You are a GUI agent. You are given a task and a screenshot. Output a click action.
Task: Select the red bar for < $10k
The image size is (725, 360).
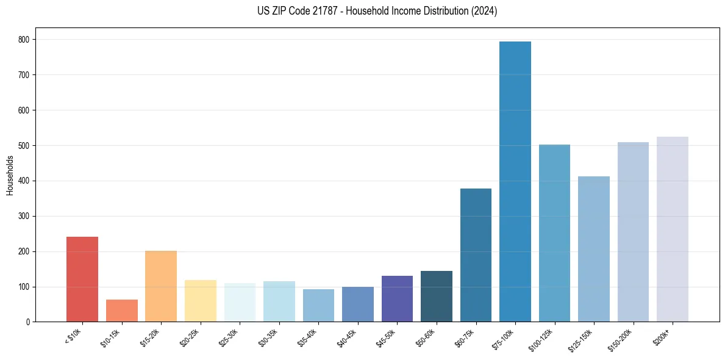click(x=82, y=279)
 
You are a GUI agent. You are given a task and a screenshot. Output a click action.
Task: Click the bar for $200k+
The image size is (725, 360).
click(x=673, y=229)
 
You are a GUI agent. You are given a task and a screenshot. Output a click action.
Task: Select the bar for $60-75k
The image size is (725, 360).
click(x=476, y=255)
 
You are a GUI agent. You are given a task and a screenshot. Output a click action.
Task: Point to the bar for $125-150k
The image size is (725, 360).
click(x=594, y=249)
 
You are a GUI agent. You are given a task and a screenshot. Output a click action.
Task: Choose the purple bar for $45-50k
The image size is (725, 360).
click(x=397, y=299)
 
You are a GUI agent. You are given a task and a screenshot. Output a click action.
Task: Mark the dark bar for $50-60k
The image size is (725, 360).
click(x=437, y=297)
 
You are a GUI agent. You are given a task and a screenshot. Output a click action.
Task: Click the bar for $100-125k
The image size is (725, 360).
click(x=554, y=233)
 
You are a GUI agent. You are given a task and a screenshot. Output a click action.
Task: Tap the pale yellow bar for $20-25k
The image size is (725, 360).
click(x=201, y=301)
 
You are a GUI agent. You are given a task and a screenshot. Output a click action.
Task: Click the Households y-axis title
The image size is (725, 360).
click(x=10, y=175)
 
